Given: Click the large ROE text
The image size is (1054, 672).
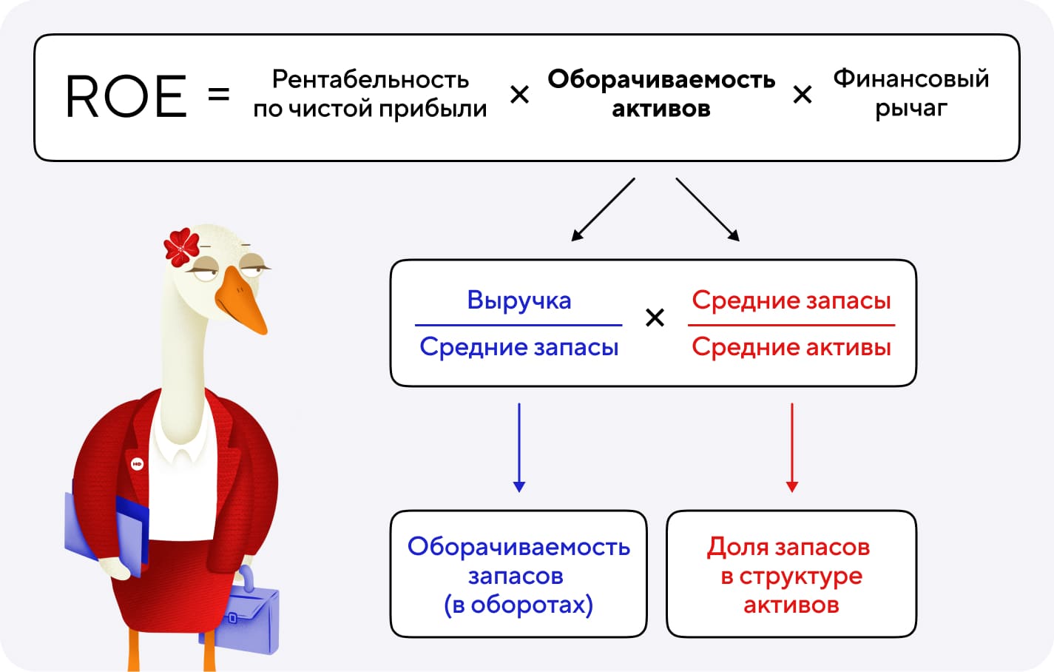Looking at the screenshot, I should (x=126, y=96).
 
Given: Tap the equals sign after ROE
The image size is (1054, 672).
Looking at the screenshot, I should (x=219, y=94).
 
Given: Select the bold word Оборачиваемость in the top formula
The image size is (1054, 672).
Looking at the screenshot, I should (x=661, y=78).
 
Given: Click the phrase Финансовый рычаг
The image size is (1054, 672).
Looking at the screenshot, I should (x=911, y=93).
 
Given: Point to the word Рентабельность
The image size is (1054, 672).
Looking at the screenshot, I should (x=371, y=78).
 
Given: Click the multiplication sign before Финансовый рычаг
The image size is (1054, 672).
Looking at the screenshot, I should (x=803, y=95).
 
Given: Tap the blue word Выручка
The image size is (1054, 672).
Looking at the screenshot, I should (x=519, y=300).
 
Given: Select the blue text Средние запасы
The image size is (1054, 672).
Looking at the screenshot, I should (x=518, y=346).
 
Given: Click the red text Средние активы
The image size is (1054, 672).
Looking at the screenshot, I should (x=791, y=346).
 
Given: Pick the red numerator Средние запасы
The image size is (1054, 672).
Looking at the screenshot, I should (x=791, y=300).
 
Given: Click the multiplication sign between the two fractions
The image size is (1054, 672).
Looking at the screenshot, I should (x=655, y=318).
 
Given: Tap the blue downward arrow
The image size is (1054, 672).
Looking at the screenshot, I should (x=519, y=448).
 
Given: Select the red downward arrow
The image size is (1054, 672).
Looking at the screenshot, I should (x=791, y=448).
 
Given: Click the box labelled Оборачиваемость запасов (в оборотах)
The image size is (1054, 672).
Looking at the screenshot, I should (x=518, y=574).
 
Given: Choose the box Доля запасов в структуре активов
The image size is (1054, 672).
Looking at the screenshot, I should (x=791, y=574).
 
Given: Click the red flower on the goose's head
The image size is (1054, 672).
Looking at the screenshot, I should (x=181, y=247).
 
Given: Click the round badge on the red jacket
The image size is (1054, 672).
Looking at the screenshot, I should (x=137, y=464).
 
